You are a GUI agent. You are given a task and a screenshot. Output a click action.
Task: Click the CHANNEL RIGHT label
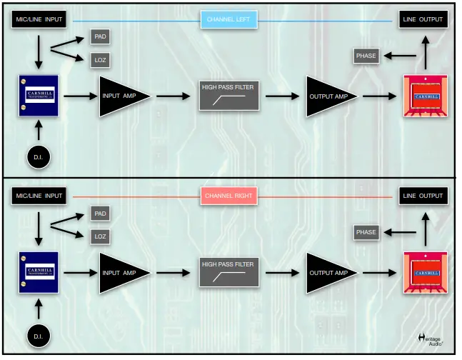click(229, 196)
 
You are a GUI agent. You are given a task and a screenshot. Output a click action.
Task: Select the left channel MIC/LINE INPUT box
click(39, 19)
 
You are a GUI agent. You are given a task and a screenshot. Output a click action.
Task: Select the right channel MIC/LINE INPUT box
click(39, 196)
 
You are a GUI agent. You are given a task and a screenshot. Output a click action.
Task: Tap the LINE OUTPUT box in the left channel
click(423, 19)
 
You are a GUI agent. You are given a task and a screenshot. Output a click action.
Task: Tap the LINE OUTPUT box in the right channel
click(423, 196)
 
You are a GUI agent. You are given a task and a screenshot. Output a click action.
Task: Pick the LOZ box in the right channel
click(101, 236)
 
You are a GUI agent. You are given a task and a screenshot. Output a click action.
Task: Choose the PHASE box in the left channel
click(366, 56)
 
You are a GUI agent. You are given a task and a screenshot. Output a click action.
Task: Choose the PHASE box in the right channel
click(366, 232)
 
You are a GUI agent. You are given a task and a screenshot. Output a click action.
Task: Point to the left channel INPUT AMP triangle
click(121, 96)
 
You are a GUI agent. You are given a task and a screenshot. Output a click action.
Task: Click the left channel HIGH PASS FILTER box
click(228, 96)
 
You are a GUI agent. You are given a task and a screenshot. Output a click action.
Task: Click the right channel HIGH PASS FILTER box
click(228, 272)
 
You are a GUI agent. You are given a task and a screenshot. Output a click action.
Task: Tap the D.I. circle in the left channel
click(39, 156)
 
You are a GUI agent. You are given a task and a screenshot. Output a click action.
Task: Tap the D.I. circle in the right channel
click(39, 334)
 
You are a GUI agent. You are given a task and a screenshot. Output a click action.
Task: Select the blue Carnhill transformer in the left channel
click(39, 96)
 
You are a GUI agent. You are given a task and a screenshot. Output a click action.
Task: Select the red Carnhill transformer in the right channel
click(426, 273)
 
